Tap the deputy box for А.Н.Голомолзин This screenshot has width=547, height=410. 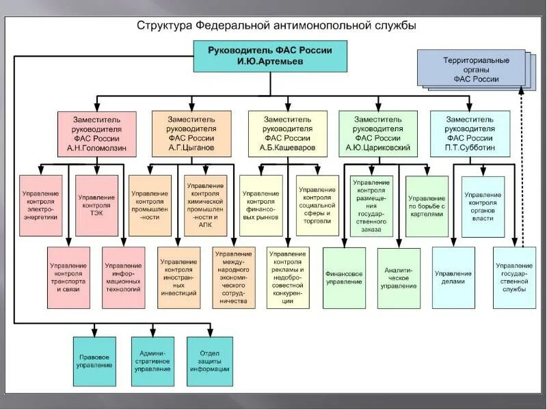(96, 133)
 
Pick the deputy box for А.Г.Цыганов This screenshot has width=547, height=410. (191, 133)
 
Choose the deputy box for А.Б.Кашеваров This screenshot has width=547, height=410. (289, 133)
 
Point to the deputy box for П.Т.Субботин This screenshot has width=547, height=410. (470, 133)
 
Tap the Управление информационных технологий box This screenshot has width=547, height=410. (123, 276)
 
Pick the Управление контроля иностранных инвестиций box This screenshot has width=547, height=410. (179, 276)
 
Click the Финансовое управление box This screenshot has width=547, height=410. (344, 277)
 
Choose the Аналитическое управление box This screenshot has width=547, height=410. (399, 277)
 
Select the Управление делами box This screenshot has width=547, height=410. (453, 277)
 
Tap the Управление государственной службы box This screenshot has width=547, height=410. (514, 277)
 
